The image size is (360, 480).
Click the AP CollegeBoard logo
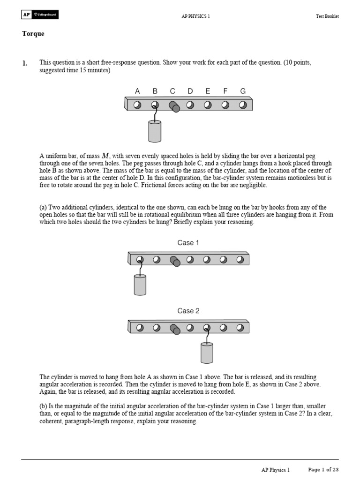click(x=40, y=15)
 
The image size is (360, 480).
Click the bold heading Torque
click(x=33, y=34)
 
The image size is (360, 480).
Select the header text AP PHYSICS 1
click(x=195, y=16)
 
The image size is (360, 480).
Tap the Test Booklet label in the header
click(x=327, y=16)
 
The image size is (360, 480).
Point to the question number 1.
click(x=25, y=62)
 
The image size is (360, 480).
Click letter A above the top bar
click(x=137, y=91)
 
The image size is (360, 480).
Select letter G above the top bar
click(x=243, y=91)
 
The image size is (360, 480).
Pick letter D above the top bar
click(x=190, y=91)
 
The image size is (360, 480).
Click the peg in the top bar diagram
click(x=174, y=106)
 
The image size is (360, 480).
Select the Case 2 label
click(x=185, y=311)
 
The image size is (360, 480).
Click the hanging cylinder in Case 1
click(x=140, y=285)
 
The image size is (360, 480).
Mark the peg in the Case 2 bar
click(x=175, y=329)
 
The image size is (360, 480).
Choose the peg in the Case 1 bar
click(x=175, y=261)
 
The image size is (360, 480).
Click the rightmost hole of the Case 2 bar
click(x=240, y=328)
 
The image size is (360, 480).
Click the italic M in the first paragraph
click(x=105, y=156)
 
